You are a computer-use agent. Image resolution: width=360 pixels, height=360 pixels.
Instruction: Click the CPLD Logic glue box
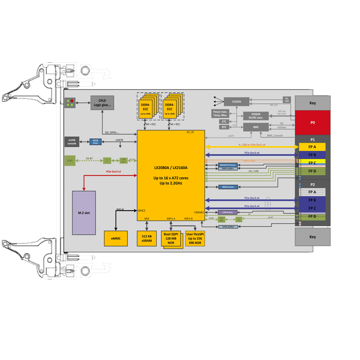tap(102, 103)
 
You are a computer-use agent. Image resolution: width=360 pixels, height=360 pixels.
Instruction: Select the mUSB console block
tap(72, 141)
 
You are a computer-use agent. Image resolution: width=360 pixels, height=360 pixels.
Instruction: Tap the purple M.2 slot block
tap(84, 212)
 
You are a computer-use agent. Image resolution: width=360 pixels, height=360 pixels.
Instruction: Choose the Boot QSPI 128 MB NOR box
tap(171, 238)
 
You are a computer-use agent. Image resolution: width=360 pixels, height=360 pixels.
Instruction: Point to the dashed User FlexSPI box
tap(194, 237)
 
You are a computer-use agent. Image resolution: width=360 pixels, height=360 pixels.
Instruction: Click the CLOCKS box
tap(236, 102)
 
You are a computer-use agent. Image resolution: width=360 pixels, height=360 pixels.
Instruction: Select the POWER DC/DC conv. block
tap(256, 116)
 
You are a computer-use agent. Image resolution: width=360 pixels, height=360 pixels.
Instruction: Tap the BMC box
tap(255, 127)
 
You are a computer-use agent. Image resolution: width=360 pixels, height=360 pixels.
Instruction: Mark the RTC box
tap(224, 127)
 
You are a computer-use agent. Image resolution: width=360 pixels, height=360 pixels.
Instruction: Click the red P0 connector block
tap(312, 122)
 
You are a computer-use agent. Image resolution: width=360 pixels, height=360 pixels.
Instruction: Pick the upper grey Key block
tap(312, 103)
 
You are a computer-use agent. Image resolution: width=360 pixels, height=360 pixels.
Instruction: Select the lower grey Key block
tap(312, 237)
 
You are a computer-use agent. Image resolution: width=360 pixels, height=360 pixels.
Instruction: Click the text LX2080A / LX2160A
tap(171, 168)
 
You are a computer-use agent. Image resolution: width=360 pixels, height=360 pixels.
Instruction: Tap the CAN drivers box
tap(227, 212)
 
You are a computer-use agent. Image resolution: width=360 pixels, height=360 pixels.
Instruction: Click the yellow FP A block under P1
tap(312, 147)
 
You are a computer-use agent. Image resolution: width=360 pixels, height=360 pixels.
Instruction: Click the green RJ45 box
tap(70, 160)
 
